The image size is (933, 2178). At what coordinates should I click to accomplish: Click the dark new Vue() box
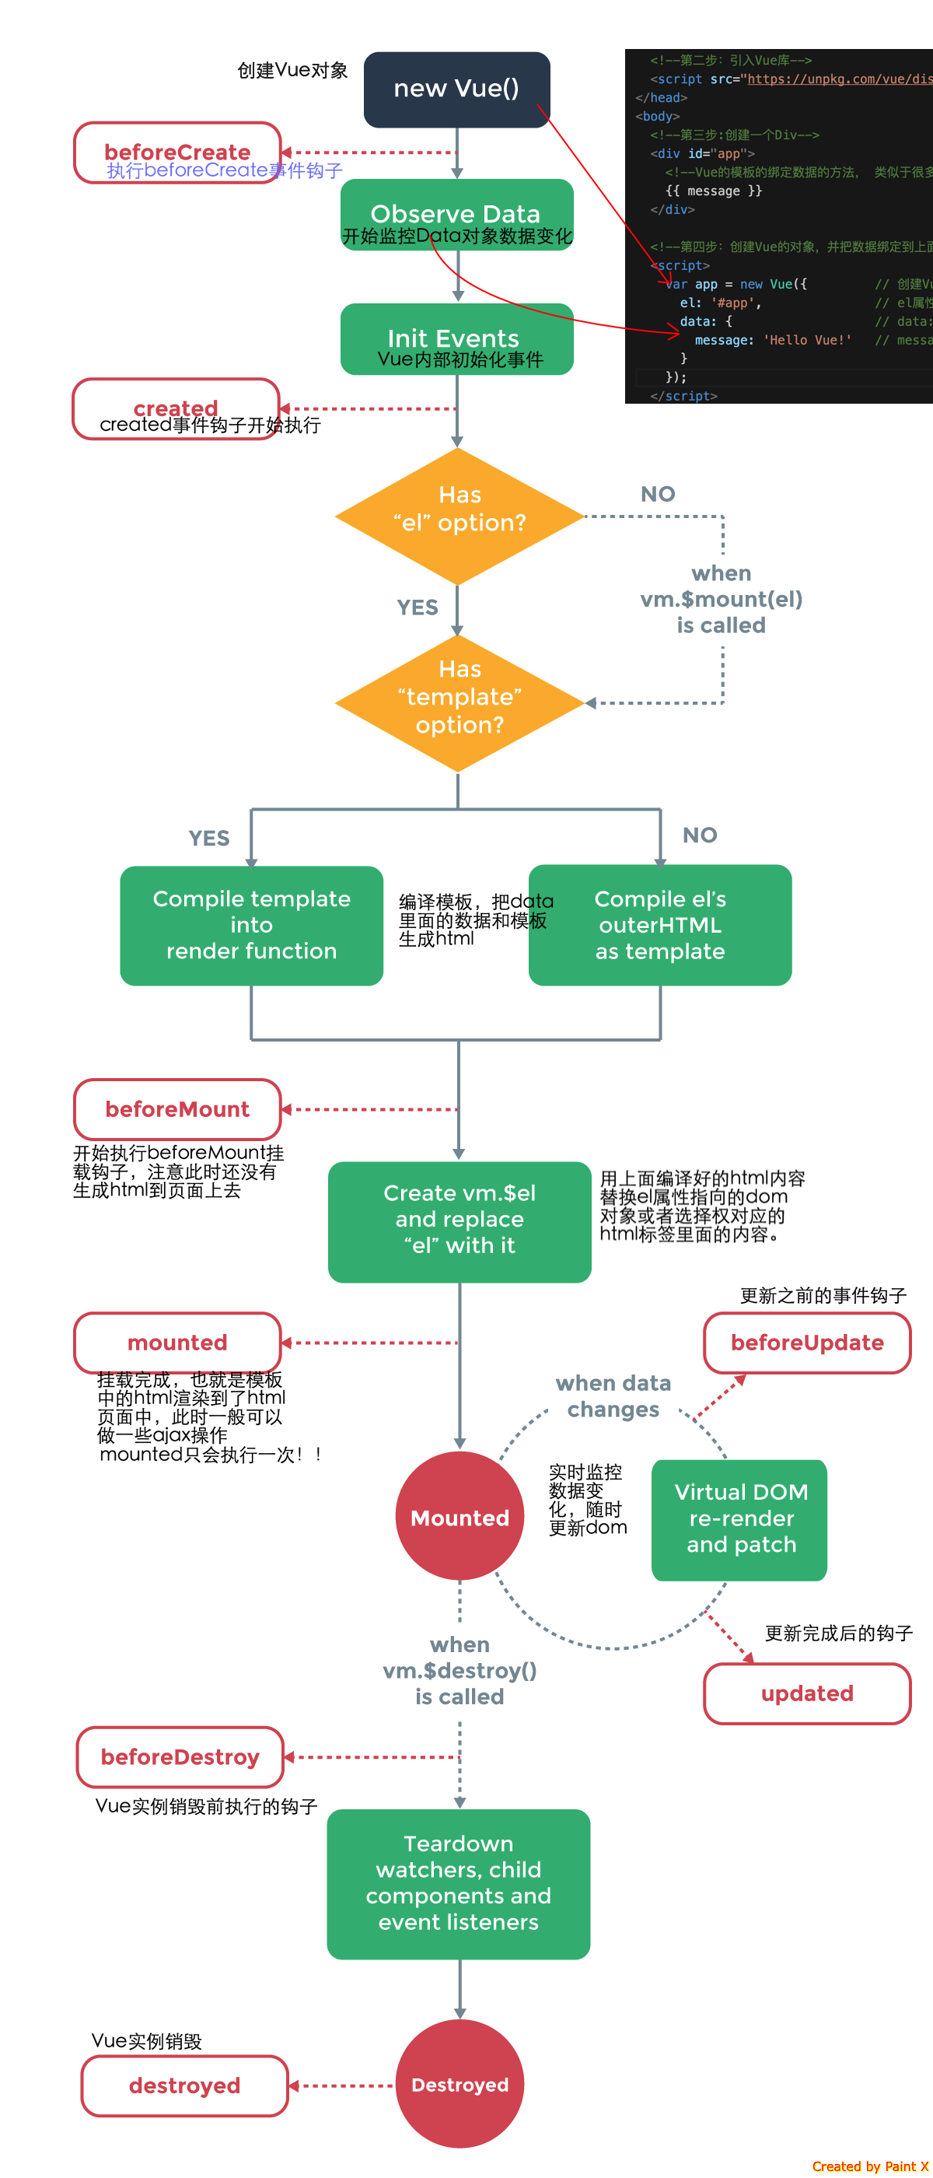[x=456, y=89]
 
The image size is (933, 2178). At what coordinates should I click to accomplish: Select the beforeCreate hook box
[x=177, y=152]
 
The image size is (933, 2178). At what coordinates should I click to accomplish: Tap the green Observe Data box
[x=456, y=215]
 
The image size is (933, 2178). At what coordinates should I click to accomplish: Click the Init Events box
[x=456, y=339]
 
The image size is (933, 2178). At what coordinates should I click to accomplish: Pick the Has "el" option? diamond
[x=459, y=516]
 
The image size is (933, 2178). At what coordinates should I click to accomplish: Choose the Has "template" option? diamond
[x=459, y=702]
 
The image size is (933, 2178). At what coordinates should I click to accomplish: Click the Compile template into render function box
[x=251, y=925]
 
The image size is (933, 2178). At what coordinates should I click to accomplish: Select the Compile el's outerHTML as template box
[x=660, y=925]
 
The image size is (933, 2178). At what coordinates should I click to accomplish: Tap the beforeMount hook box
[x=177, y=1108]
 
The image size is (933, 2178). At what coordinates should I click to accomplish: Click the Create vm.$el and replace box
[x=459, y=1221]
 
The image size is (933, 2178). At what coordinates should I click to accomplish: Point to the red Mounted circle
[x=459, y=1517]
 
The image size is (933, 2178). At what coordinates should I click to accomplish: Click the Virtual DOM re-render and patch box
[x=739, y=1519]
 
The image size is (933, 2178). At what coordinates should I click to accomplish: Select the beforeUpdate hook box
[x=807, y=1343]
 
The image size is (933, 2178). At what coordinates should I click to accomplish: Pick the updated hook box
[x=807, y=1693]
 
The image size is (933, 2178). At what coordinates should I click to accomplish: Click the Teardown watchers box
[x=458, y=1884]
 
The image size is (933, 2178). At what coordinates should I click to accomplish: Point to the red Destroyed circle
[x=459, y=2084]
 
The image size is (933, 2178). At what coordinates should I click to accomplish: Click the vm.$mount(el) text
[x=721, y=600]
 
